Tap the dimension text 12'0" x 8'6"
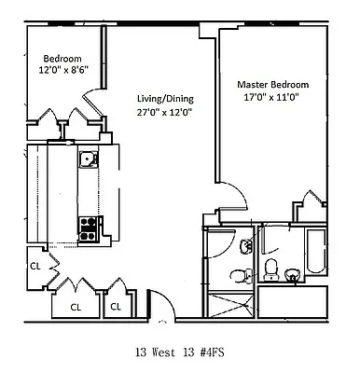tap(58, 68)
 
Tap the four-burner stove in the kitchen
tap(90, 224)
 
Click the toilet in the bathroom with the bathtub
tap(271, 269)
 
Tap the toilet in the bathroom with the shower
tap(244, 271)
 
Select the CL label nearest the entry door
tap(117, 306)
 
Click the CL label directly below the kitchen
tap(35, 266)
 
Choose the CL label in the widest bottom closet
tap(74, 306)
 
